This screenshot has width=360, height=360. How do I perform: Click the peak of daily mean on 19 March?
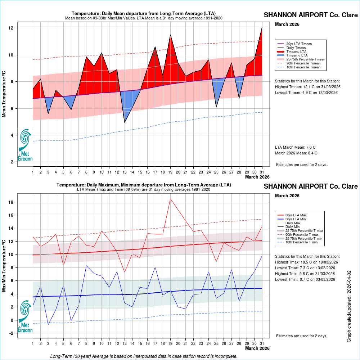click(x=170, y=35)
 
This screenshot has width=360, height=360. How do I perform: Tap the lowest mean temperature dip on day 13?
click(x=125, y=122)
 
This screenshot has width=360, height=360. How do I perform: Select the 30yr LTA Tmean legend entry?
click(x=299, y=44)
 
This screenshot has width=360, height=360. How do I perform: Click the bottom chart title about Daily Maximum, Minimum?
click(x=144, y=185)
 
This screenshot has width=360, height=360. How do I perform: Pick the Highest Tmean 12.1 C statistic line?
click(x=307, y=87)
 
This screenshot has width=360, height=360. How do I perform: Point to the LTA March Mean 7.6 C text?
click(x=295, y=147)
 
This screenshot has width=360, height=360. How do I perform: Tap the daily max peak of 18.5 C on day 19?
click(x=170, y=199)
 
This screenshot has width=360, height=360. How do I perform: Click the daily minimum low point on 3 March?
click(x=48, y=324)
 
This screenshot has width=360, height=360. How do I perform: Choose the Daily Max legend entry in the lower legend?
click(x=293, y=223)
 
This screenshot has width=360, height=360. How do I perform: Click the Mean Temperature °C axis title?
click(x=4, y=94)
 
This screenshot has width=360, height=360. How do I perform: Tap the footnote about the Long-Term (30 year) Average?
click(x=144, y=356)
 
